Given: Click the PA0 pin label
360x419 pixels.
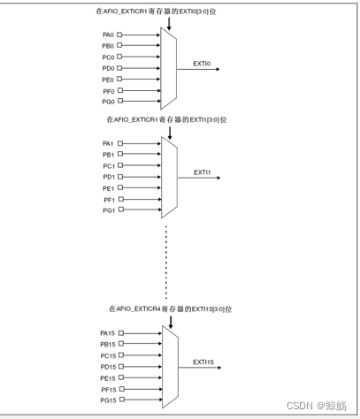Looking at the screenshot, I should click(x=108, y=35).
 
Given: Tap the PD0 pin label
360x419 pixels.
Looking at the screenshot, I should click(x=108, y=68).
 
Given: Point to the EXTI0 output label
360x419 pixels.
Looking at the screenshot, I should click(x=202, y=64).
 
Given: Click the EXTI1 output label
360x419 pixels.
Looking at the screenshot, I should click(x=203, y=172).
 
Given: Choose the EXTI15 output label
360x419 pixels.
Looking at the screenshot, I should click(x=203, y=362).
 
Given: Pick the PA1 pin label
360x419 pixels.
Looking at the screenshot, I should click(x=108, y=143).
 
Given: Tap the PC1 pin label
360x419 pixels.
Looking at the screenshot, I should click(x=108, y=165).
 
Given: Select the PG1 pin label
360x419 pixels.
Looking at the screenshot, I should click(x=108, y=210).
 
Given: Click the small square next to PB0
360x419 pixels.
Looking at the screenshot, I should click(x=120, y=46).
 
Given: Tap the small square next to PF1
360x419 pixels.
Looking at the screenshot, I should click(x=120, y=200).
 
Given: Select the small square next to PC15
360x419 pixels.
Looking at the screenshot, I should click(x=121, y=355).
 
